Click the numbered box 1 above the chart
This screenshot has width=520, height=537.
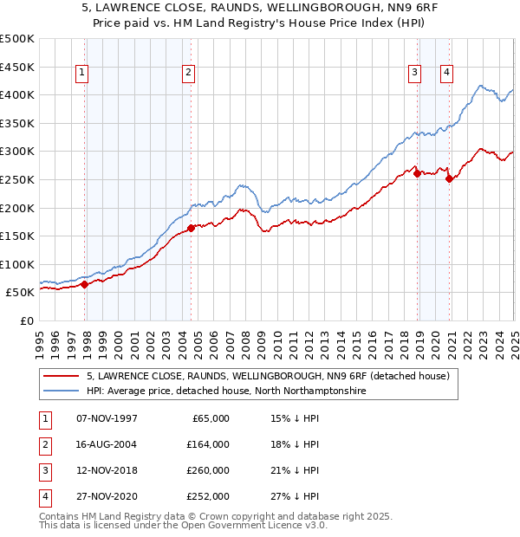point(81,74)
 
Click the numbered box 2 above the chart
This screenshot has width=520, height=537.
point(188,74)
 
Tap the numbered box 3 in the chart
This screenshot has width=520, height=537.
point(415,73)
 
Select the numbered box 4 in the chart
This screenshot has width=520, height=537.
point(446,73)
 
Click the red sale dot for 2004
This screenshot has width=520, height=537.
point(191,228)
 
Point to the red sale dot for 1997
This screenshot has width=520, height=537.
point(84,283)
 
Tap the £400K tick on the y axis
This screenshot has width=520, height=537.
point(17,95)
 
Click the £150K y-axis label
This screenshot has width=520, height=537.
point(17,236)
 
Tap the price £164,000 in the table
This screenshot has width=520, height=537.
point(208,444)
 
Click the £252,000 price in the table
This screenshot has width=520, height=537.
point(208,496)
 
